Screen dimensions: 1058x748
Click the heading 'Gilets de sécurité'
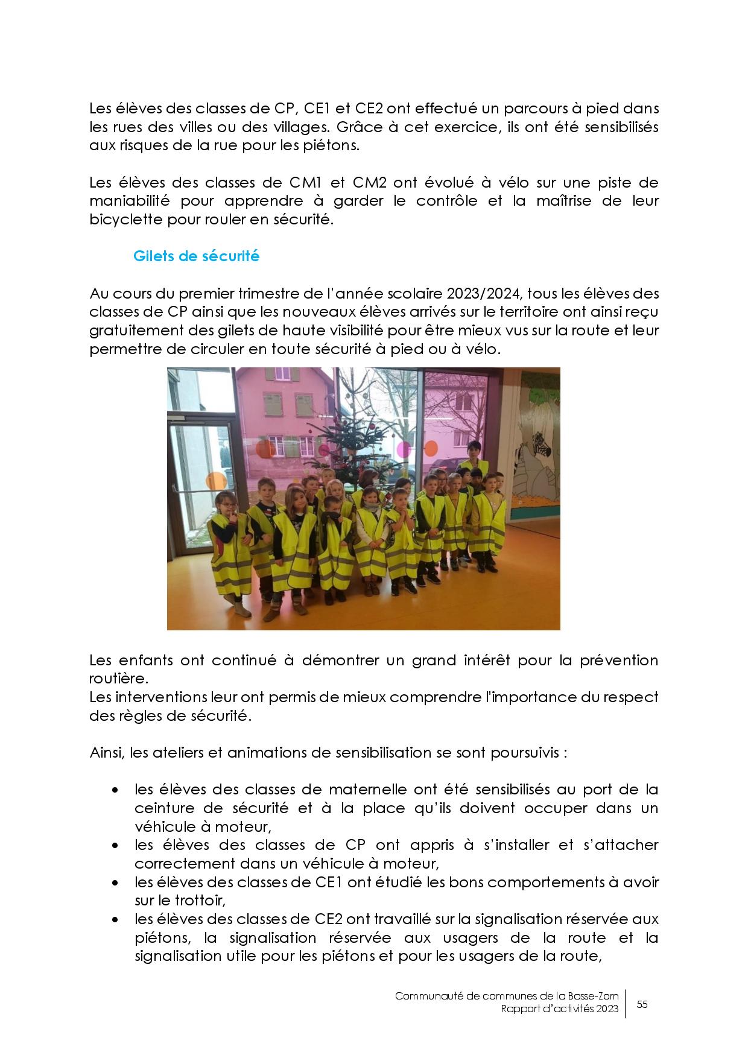point(196,256)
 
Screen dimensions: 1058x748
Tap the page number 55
point(642,1004)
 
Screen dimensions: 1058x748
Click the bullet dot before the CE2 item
point(115,920)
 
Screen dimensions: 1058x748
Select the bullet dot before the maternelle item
point(115,790)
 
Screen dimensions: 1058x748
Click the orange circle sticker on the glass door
point(215,481)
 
